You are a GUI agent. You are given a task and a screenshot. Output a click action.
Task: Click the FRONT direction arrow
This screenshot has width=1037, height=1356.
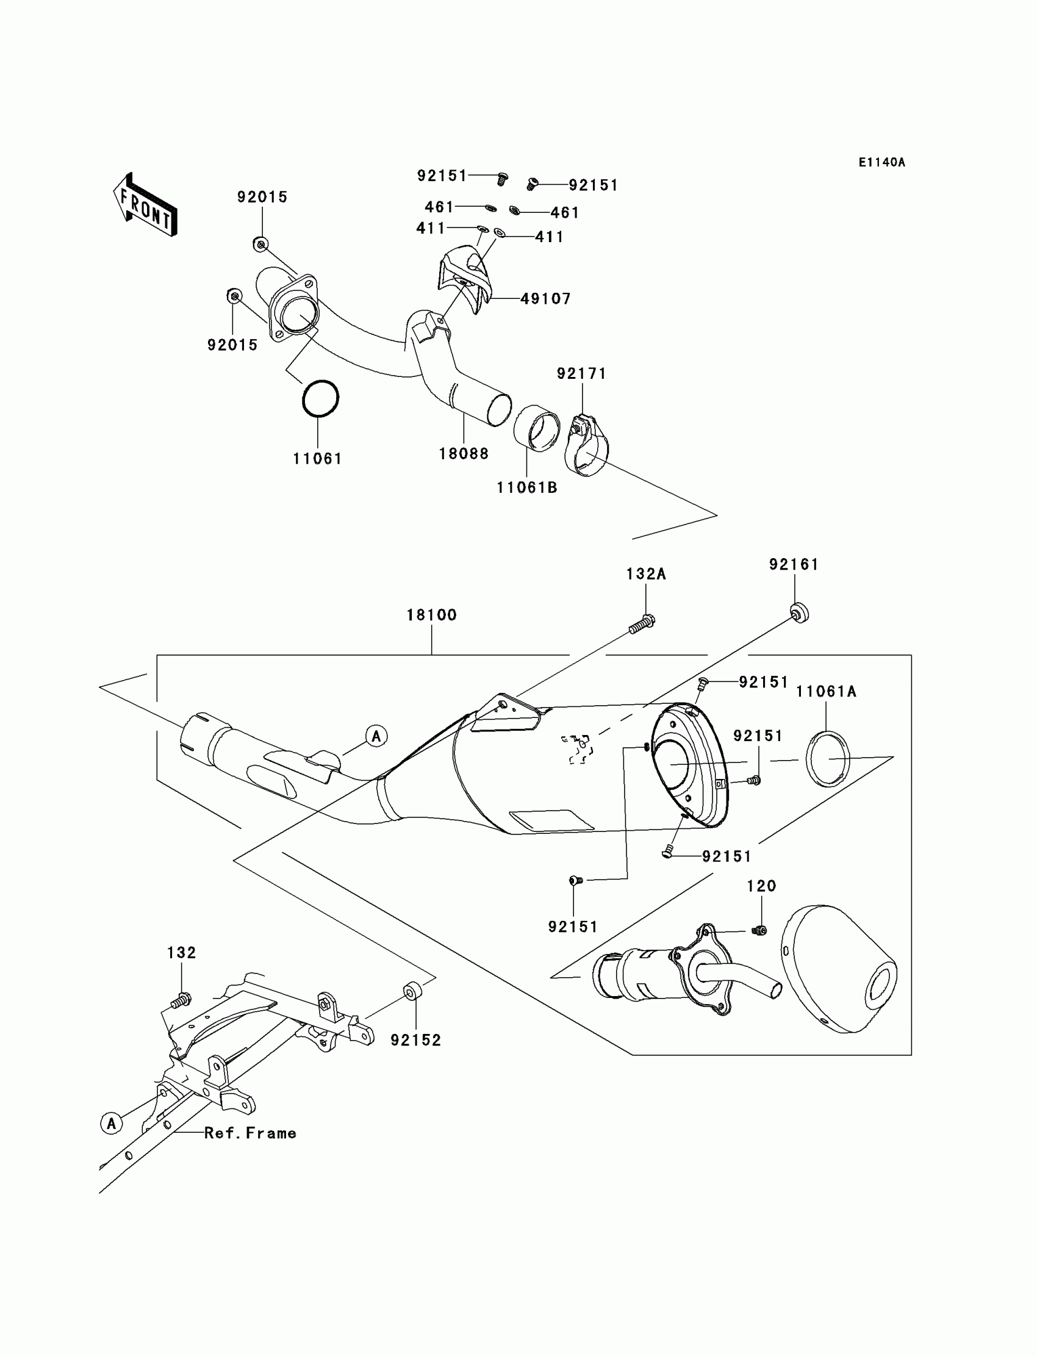pos(146,206)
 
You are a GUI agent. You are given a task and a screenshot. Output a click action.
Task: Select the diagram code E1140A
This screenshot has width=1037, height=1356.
pos(881,162)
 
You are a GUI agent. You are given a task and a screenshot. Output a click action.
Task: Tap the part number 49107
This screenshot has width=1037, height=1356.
pos(546,299)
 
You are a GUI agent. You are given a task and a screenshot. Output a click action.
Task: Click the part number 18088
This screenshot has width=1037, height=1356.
pos(464,454)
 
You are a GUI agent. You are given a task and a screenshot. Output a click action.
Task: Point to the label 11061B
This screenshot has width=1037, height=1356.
pos(526,487)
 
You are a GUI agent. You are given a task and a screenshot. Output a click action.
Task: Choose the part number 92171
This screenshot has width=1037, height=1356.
pos(581,373)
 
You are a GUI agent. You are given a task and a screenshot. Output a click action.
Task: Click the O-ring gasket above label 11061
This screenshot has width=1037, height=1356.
pos(320,399)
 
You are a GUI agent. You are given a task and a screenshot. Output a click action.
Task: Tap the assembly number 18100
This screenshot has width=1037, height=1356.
pos(431,615)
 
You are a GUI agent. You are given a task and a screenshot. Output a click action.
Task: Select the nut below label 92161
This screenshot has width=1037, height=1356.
pos(799,614)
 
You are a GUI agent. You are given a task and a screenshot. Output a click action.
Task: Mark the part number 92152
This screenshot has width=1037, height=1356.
pos(416,1040)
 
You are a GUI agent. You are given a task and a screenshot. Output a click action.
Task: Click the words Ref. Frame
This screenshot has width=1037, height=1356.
pos(250,1133)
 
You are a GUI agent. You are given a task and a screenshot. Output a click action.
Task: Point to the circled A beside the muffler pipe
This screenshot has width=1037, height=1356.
pos(376,736)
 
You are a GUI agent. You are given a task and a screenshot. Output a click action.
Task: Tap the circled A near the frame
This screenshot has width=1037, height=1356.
pos(111,1123)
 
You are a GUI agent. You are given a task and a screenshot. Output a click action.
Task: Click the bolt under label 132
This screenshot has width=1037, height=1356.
pos(180,999)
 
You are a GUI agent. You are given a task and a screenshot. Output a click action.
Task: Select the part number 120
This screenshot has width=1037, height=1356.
pos(761,886)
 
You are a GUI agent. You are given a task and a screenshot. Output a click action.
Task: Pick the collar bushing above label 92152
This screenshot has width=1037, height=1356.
pos(412,992)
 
